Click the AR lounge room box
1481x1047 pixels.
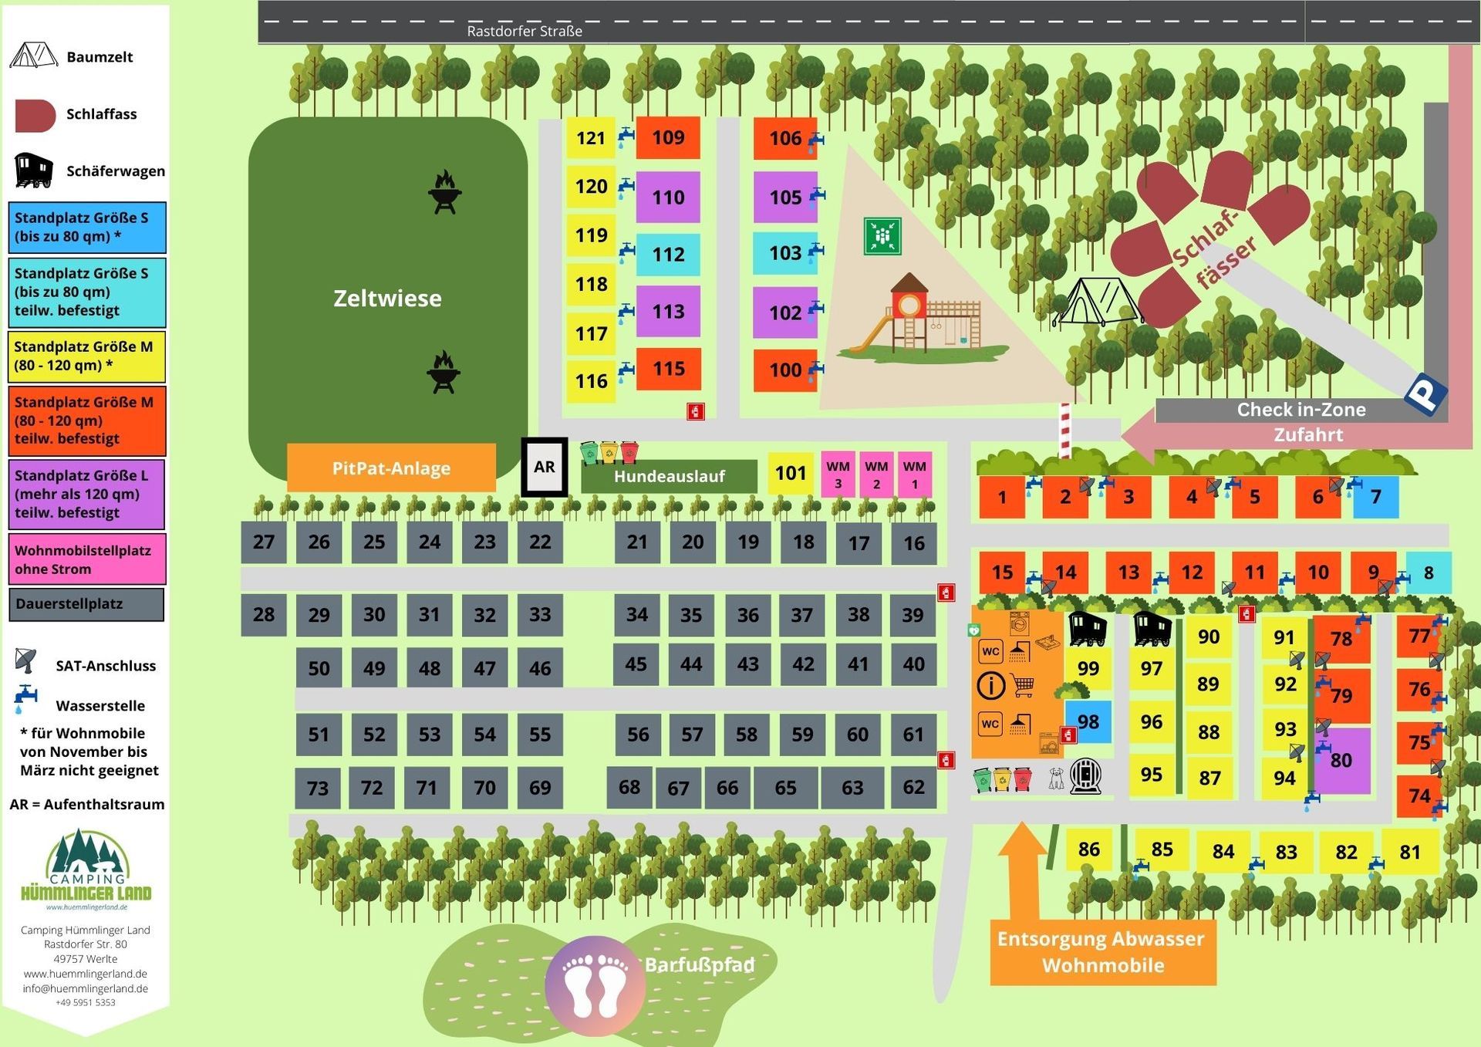tap(545, 467)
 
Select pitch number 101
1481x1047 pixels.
tap(791, 473)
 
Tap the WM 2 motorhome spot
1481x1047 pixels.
tap(876, 475)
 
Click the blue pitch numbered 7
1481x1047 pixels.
tap(1376, 497)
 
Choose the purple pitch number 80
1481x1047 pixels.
tap(1342, 760)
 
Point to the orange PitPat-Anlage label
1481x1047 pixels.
tap(391, 468)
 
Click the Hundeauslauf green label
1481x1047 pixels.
tap(669, 476)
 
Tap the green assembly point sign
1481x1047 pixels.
tap(882, 235)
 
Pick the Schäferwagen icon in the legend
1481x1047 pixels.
tap(34, 171)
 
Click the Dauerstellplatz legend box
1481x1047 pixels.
tap(86, 604)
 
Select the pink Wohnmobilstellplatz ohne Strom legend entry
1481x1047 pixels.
tap(86, 559)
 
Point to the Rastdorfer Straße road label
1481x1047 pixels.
tap(525, 31)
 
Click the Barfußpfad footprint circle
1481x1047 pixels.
tap(595, 985)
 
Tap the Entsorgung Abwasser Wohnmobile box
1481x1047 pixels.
tap(1102, 952)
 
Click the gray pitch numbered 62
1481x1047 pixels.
tap(913, 787)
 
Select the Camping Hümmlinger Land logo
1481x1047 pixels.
tap(86, 868)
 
